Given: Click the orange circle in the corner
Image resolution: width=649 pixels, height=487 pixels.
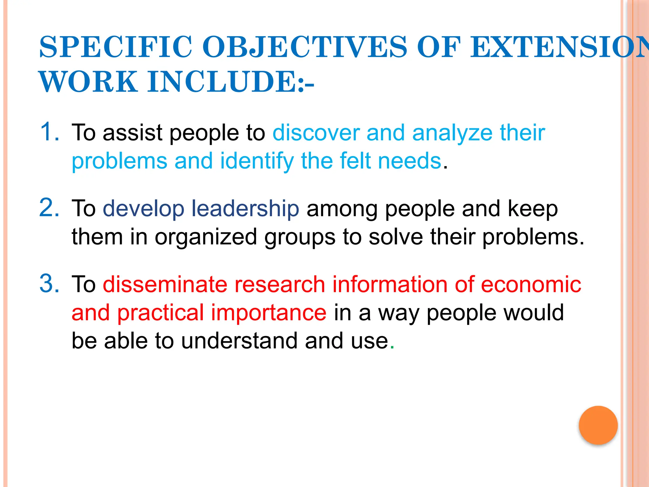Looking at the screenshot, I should (598, 425).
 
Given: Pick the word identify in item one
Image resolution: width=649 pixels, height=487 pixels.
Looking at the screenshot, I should (257, 161).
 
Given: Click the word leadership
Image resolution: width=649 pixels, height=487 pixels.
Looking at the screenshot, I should (245, 209).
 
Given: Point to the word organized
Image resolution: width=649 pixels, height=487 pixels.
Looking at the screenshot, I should (206, 237).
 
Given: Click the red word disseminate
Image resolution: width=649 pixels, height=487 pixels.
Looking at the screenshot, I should (165, 284).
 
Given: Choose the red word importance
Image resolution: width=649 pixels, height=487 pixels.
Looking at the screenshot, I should (269, 313).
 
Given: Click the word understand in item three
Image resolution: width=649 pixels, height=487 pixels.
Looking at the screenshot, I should (239, 341).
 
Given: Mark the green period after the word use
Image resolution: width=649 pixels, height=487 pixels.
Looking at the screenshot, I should (392, 347).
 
